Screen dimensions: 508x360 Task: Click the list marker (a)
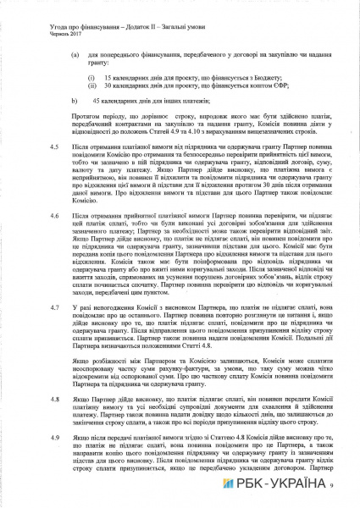[x=76, y=52]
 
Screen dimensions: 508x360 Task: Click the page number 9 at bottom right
[x=334, y=484]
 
